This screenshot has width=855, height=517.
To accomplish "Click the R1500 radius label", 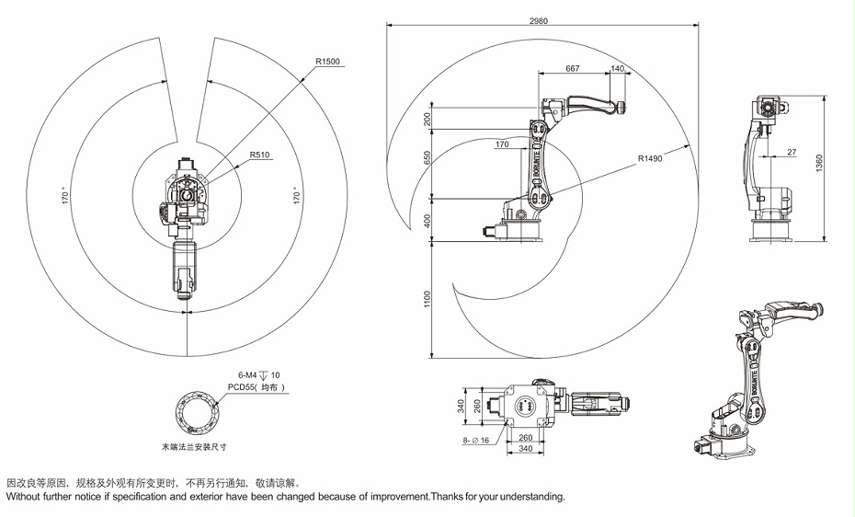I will click(327, 62).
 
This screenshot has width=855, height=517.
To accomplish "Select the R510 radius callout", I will click(259, 155).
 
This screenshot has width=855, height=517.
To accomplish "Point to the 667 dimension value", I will click(573, 69).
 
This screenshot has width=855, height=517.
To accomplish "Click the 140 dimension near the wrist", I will click(617, 69).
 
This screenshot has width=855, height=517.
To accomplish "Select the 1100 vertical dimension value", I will click(427, 300).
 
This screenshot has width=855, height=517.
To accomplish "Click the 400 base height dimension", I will click(427, 221).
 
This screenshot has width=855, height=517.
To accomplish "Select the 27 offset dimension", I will click(792, 152).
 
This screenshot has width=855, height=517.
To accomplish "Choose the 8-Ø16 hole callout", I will click(475, 441).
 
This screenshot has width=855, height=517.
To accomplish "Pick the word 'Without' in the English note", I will click(25, 497).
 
